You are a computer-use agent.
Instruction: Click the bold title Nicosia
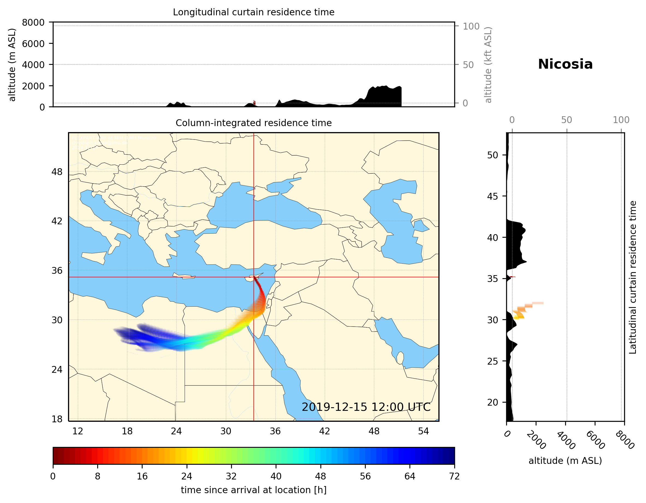point(565,64)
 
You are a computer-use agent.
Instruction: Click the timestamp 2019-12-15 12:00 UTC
point(366,407)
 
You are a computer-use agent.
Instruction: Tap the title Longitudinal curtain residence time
point(253,12)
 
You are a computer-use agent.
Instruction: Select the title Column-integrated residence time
point(253,123)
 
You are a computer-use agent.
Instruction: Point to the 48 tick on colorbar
point(321,476)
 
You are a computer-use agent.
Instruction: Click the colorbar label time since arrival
point(253,490)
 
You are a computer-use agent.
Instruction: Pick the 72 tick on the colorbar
point(454,476)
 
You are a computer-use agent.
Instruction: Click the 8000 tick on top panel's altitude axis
point(33,22)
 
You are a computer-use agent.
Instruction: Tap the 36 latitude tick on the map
point(57,271)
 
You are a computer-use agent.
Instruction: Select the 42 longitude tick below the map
point(325,431)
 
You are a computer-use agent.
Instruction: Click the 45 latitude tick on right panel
point(492,196)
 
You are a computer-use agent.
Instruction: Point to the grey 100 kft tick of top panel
point(471,26)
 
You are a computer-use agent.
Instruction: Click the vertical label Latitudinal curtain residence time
point(632,277)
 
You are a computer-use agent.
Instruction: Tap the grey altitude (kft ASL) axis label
point(488,65)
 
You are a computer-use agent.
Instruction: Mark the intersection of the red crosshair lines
point(254,277)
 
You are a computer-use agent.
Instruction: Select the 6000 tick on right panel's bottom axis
point(595,440)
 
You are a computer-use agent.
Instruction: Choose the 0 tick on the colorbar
point(53,476)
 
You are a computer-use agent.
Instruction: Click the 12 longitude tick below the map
point(78,431)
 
